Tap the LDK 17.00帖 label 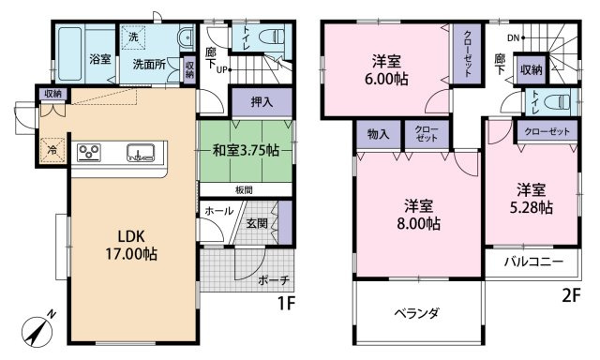(131, 246)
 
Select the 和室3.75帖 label (246, 151)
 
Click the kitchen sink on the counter (141, 153)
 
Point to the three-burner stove (89, 153)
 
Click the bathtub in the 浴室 (70, 53)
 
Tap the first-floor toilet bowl (272, 37)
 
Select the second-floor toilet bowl (559, 102)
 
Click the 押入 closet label (262, 102)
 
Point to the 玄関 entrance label (257, 223)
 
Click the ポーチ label (273, 280)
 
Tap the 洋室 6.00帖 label (386, 70)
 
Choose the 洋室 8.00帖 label (419, 215)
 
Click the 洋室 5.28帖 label (532, 199)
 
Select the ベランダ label (416, 313)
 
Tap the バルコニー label (533, 262)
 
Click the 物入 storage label (378, 134)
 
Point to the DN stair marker (513, 37)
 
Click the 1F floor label (286, 304)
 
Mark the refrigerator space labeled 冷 (52, 150)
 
